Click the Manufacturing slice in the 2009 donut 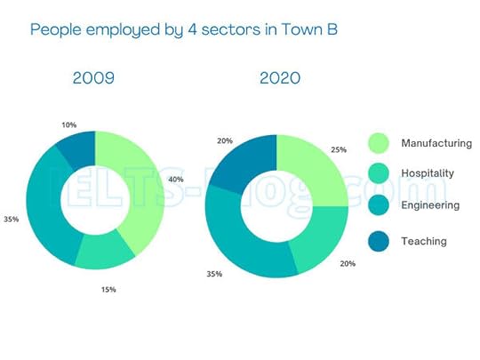click(x=142, y=191)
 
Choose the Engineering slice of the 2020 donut click(x=236, y=240)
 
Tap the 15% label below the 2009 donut click(x=108, y=289)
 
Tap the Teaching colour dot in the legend click(x=379, y=241)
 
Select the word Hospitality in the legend click(x=428, y=174)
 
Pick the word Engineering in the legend click(x=429, y=205)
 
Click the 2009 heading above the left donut click(x=94, y=79)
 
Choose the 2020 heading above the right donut click(x=279, y=79)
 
